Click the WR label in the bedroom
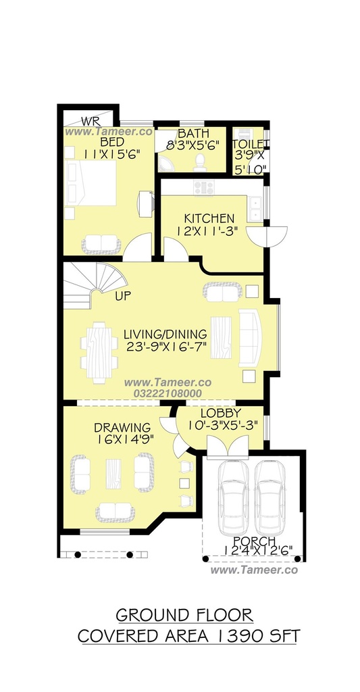[x=91, y=121]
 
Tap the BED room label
[x=112, y=142]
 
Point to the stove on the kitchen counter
[x=204, y=188]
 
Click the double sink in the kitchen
[x=255, y=209]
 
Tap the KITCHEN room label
[x=209, y=218]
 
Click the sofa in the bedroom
[x=101, y=244]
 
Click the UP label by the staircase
[x=123, y=296]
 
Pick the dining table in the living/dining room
[x=99, y=353]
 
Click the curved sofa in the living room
[x=250, y=338]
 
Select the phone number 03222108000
[x=168, y=393]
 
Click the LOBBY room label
[x=221, y=414]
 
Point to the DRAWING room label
[x=122, y=428]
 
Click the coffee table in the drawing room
[x=113, y=474]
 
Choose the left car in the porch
[x=234, y=497]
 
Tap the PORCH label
[x=255, y=541]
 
